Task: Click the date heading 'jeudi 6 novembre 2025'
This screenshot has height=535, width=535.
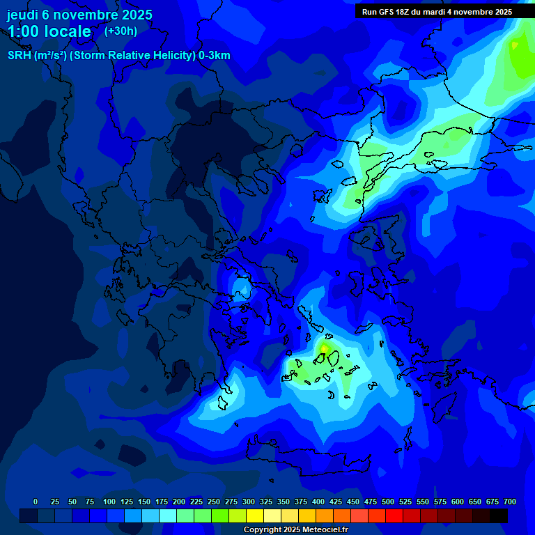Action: coord(79,15)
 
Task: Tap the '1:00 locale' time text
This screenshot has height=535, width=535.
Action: coord(49,31)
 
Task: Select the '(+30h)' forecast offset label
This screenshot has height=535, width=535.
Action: coord(121,31)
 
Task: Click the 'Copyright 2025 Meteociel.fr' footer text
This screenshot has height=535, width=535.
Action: coord(295,529)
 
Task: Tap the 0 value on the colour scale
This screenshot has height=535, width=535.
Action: coord(36,502)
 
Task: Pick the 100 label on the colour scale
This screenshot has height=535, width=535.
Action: coord(109,502)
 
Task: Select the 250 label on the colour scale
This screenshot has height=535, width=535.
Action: coord(214,502)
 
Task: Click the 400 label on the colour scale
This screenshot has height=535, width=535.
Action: coord(318,502)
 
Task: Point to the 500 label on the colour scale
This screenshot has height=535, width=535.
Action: coord(388,502)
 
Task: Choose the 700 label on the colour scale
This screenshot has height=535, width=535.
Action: coord(510,502)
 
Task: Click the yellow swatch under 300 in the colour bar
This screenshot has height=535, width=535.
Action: coord(255,515)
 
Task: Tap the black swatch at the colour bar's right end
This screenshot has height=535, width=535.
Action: coord(499,515)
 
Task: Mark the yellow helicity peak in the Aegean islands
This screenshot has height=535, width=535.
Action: coord(323,347)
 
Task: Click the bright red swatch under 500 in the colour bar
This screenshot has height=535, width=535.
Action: coord(394,515)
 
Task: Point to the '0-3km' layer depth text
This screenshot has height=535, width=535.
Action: coord(215,56)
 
